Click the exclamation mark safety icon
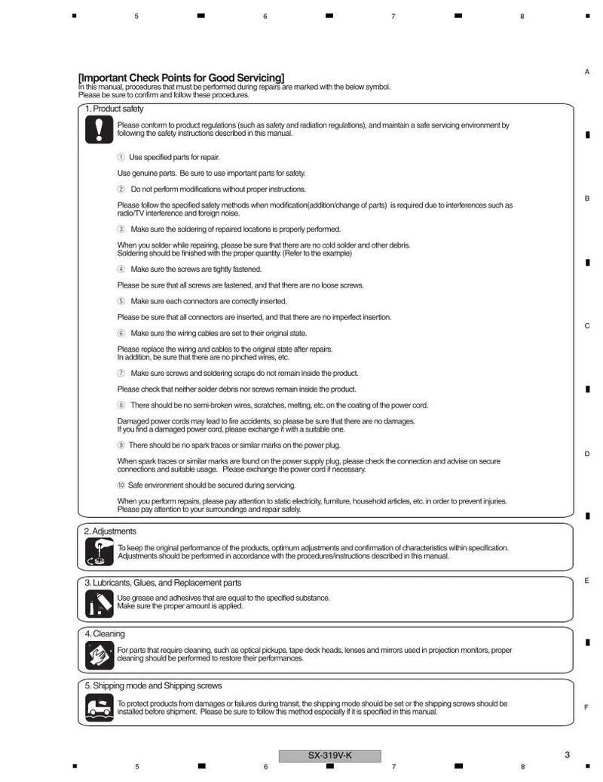coord(99,130)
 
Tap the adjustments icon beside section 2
coord(99,553)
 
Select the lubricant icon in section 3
coord(99,603)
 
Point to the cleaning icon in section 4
coord(99,654)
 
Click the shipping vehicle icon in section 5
coord(99,707)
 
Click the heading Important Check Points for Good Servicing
coord(182,78)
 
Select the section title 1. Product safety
coord(114,109)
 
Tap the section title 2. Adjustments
coord(110,531)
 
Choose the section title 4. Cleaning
coord(105,634)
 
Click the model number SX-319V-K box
coord(329,756)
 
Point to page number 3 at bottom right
coord(567,754)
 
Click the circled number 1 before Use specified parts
coord(121,157)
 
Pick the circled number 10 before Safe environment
coord(121,485)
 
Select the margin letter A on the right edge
coord(587,72)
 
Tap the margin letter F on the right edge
coord(586,707)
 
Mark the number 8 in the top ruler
coord(522,16)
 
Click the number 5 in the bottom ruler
coord(136,766)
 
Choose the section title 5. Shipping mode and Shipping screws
coord(152,685)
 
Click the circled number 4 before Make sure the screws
coord(121,269)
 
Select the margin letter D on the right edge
coord(587,454)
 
